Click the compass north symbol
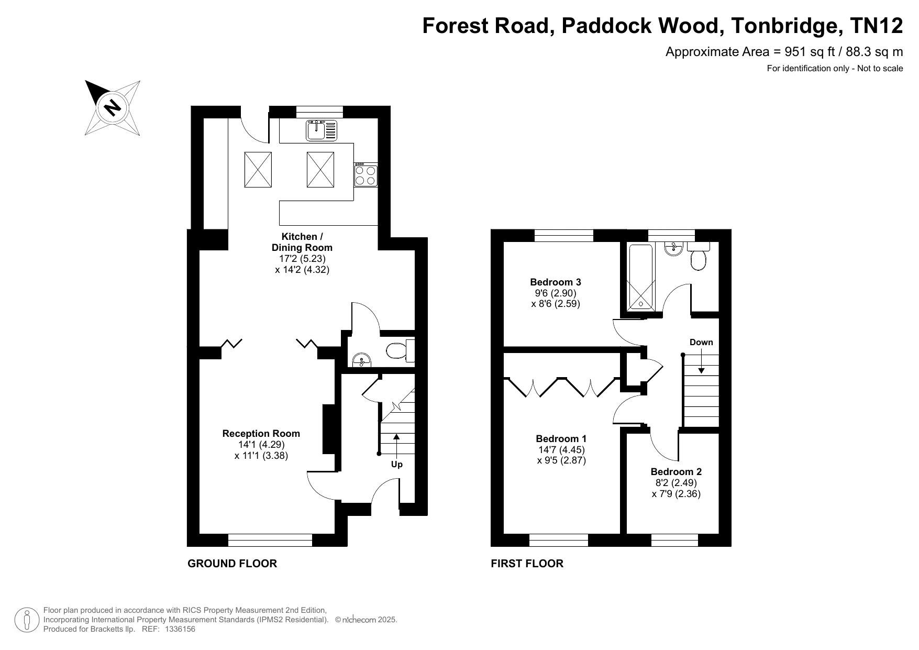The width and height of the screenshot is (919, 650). (113, 108)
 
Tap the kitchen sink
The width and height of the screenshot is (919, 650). (322, 130)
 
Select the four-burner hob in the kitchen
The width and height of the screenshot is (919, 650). (366, 174)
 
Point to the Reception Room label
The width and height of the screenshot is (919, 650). (261, 433)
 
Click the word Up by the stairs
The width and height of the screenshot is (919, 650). (397, 465)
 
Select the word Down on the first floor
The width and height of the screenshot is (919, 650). (701, 342)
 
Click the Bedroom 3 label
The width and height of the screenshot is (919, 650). (556, 282)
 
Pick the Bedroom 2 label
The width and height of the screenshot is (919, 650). (676, 471)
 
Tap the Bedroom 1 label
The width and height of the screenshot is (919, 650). (561, 438)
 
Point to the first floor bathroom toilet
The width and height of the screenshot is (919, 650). (698, 256)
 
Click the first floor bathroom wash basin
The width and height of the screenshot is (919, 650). (673, 248)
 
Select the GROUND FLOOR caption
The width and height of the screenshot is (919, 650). (232, 564)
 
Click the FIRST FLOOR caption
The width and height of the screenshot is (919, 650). (527, 564)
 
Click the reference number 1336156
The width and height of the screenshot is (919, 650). (180, 629)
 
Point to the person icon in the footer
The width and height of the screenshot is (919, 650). (26, 620)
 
